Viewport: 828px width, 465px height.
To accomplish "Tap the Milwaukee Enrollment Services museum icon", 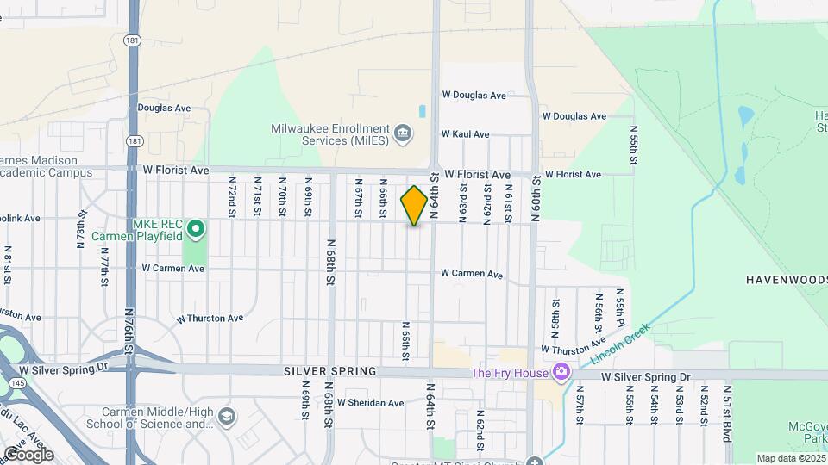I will tap(403, 133).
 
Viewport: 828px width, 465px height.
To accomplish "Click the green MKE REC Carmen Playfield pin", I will tap(196, 229).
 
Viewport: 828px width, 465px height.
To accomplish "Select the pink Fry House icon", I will tap(561, 372).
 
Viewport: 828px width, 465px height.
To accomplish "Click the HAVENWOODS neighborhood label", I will tap(785, 280).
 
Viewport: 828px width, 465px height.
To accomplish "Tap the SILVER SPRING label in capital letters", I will tap(330, 371).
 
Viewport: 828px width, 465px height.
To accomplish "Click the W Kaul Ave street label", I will tap(465, 134).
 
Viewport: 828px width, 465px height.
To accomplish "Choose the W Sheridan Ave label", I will tap(370, 402).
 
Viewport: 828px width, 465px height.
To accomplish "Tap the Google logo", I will tap(28, 454).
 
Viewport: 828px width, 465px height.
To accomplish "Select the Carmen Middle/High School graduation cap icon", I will tap(226, 417).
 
